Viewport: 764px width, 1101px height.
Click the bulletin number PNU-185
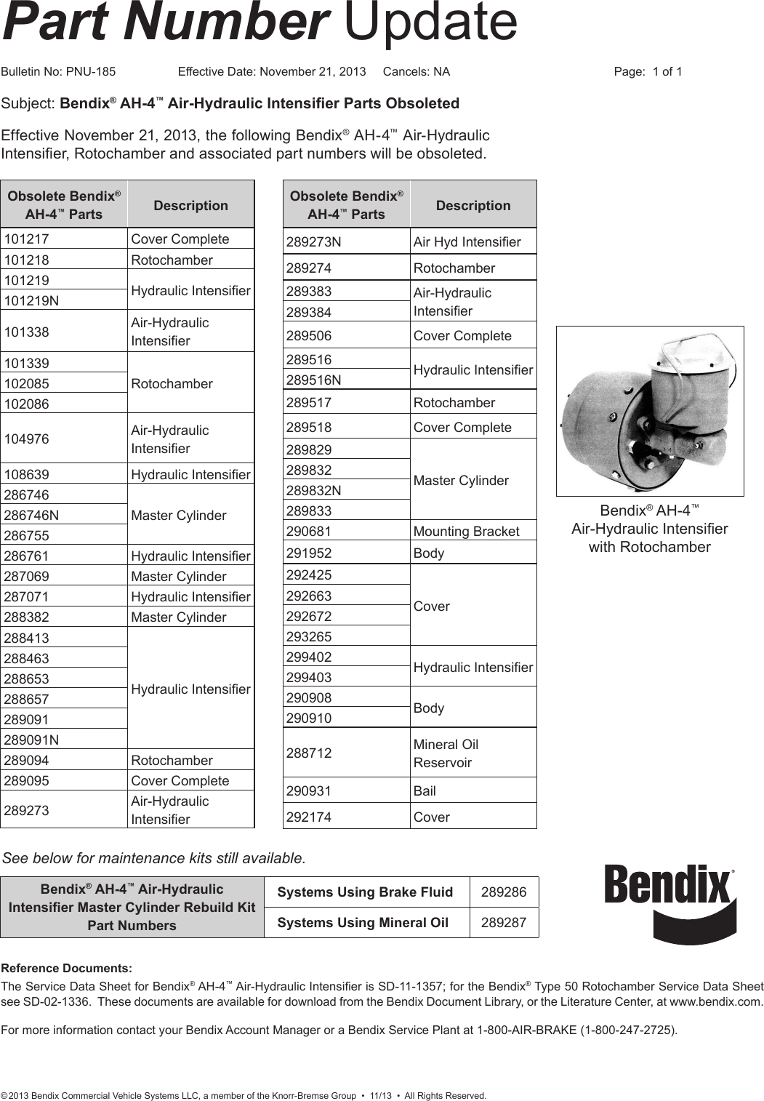click(x=90, y=71)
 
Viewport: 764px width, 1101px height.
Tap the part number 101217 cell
click(x=64, y=239)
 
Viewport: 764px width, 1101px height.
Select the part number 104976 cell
click(x=64, y=439)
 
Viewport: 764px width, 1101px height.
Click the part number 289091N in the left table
click(x=64, y=740)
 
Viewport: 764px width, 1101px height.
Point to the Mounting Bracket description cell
click(x=473, y=531)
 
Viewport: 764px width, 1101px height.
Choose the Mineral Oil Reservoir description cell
click(x=473, y=753)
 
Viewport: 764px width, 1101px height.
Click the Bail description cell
click(x=473, y=790)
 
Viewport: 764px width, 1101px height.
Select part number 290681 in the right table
click(x=346, y=531)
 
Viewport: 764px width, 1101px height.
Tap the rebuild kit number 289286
click(x=504, y=892)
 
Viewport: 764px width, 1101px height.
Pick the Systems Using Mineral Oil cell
click(x=363, y=923)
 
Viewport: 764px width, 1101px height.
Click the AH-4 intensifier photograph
click(x=649, y=411)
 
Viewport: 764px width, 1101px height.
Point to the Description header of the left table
click(x=190, y=205)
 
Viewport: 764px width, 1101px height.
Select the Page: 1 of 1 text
click(x=648, y=71)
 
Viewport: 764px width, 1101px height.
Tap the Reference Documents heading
click(x=67, y=968)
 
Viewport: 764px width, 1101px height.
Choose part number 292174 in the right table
click(x=346, y=817)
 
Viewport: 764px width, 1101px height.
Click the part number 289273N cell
click(x=346, y=241)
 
